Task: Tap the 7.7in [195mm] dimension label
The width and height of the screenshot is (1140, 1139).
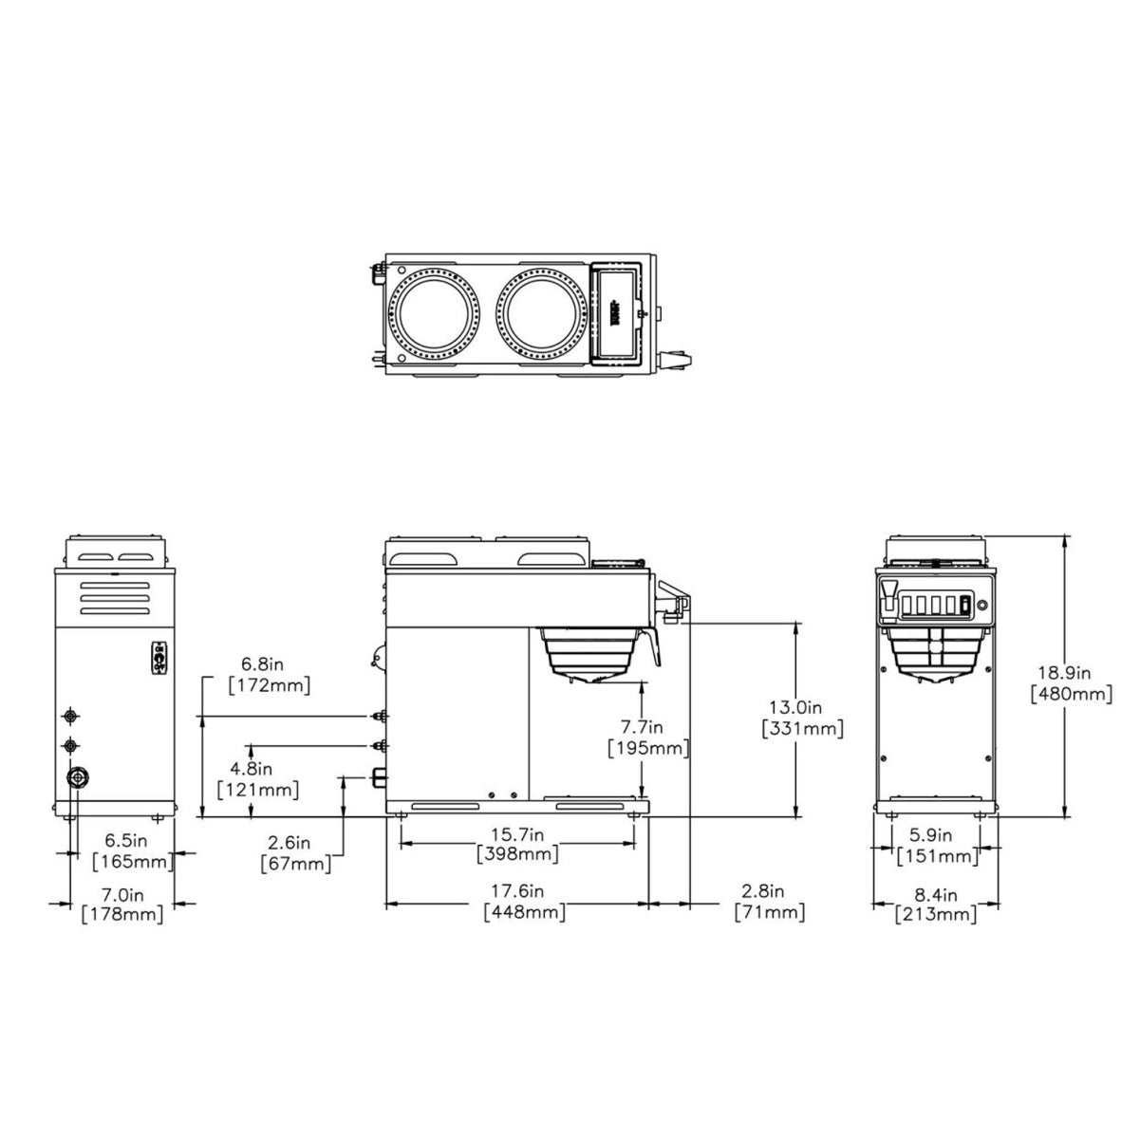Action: pos(647,738)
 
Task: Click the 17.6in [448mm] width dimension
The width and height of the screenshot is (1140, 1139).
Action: pos(524,902)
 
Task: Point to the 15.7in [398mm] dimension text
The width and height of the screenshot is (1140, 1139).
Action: pos(516,844)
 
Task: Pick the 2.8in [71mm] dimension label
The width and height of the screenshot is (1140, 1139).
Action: pos(770,902)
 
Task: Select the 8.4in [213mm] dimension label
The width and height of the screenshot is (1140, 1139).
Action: pos(936,905)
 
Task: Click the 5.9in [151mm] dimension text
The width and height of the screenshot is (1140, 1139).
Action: pos(936,846)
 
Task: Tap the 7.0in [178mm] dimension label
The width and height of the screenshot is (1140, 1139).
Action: pos(122,905)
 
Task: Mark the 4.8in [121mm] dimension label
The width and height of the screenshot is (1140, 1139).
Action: pos(257,778)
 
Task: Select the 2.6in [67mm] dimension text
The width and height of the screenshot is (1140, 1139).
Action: pos(296,852)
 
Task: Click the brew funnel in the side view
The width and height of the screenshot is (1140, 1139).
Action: pos(591,652)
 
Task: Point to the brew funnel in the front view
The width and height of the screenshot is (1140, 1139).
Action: pos(936,654)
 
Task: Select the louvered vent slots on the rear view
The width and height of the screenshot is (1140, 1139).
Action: pos(115,599)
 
